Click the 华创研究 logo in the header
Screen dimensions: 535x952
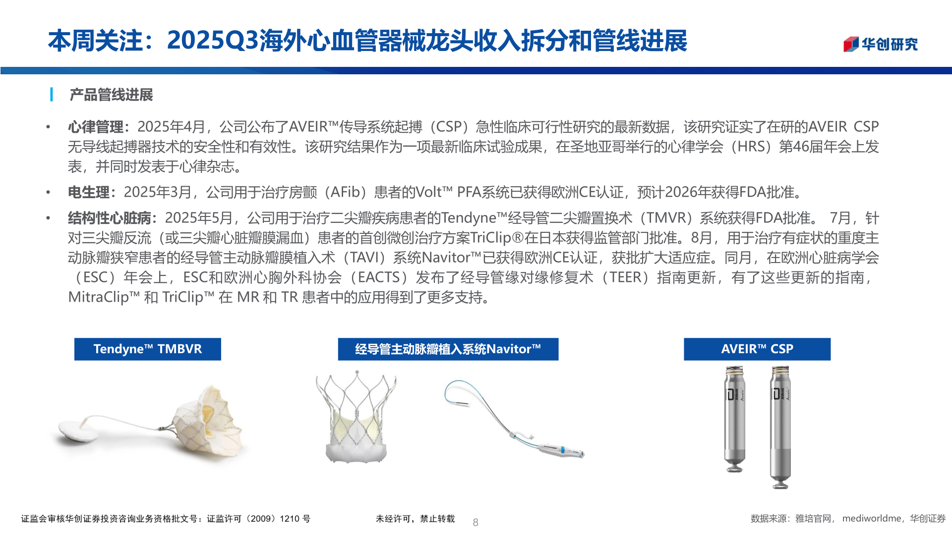click(881, 44)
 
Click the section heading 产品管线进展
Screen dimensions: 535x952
click(111, 95)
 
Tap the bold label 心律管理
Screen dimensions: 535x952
click(96, 127)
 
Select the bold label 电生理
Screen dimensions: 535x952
click(89, 192)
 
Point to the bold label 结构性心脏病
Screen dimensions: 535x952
click(110, 218)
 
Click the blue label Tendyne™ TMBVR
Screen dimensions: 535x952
click(147, 349)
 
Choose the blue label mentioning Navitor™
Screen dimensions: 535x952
click(448, 349)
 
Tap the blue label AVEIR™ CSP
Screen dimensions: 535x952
click(757, 349)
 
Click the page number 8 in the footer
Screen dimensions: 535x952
click(476, 522)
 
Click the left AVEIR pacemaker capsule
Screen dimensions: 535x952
click(734, 419)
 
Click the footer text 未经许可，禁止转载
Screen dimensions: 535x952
click(415, 519)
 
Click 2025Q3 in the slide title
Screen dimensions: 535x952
click(213, 41)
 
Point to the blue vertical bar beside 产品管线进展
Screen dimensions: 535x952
click(52, 95)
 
